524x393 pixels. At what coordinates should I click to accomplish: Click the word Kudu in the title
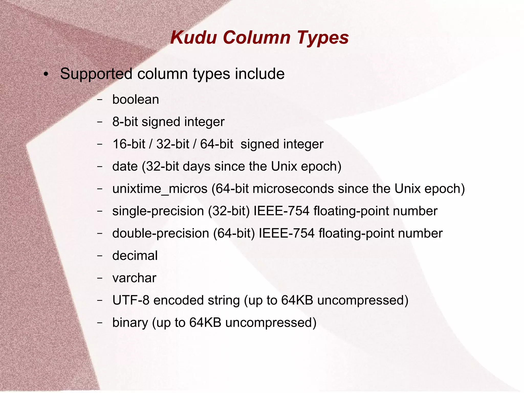[x=193, y=38]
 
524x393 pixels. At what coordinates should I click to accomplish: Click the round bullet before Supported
[x=46, y=75]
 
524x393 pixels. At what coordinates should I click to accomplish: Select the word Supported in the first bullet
[x=96, y=74]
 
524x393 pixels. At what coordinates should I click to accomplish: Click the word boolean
[x=136, y=99]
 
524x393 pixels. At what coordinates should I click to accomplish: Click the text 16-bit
[x=129, y=144]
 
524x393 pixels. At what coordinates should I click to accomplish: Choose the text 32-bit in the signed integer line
[x=173, y=144]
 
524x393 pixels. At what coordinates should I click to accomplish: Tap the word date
[x=125, y=166]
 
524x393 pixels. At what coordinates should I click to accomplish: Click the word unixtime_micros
[x=160, y=189]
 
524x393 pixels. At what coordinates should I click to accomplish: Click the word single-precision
[x=158, y=211]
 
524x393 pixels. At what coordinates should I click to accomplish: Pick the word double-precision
[x=161, y=233]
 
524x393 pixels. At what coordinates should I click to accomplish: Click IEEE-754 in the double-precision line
[x=287, y=233]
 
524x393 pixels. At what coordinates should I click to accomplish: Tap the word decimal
[x=135, y=256]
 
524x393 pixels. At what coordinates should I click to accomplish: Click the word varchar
[x=134, y=278]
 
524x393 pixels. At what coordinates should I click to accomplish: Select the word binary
[x=130, y=323]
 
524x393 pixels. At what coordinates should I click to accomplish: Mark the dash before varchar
[x=100, y=278]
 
